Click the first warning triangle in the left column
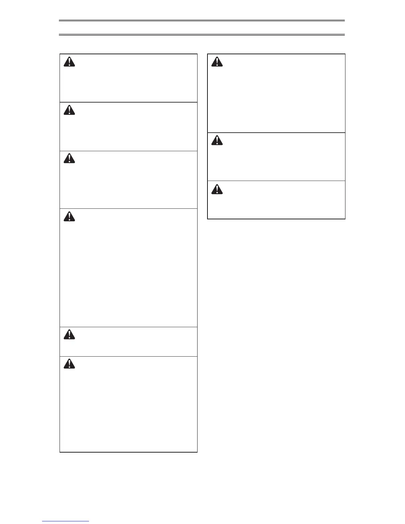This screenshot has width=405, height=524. click(x=69, y=62)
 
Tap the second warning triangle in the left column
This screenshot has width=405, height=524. click(x=69, y=110)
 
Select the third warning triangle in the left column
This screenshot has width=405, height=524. click(x=69, y=159)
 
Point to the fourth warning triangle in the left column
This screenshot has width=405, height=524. click(x=69, y=216)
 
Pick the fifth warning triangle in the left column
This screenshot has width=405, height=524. click(x=69, y=335)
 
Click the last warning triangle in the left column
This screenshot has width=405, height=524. click(x=69, y=364)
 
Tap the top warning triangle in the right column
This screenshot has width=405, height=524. click(x=217, y=62)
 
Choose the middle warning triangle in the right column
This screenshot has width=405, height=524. click(x=217, y=141)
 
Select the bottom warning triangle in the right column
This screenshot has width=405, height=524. click(x=217, y=189)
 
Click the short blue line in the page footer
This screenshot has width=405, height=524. click(x=66, y=521)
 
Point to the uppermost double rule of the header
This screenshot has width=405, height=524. click(x=202, y=21)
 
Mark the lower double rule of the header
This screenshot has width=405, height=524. click(x=202, y=34)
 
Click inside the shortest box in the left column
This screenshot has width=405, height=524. click(x=128, y=342)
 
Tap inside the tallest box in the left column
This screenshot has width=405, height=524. click(x=128, y=268)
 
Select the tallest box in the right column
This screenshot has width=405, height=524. click(x=276, y=93)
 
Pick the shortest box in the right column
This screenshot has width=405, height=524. click(x=276, y=200)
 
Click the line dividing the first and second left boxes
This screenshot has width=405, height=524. click(x=128, y=102)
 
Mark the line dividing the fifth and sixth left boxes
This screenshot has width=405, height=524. click(x=128, y=356)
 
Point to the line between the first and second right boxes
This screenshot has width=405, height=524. click(x=276, y=133)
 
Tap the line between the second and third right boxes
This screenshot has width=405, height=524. click(x=276, y=181)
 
